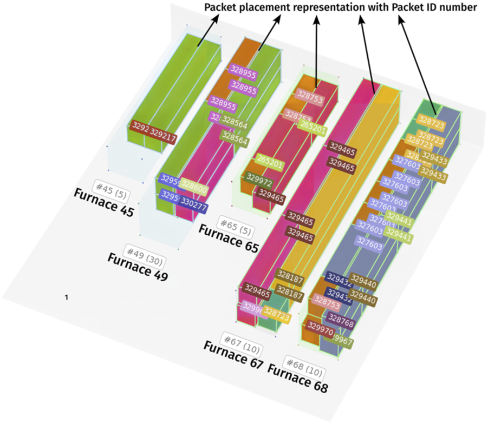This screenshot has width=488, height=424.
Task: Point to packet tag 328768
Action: (341, 323)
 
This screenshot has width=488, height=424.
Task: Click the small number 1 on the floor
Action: (67, 297)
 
